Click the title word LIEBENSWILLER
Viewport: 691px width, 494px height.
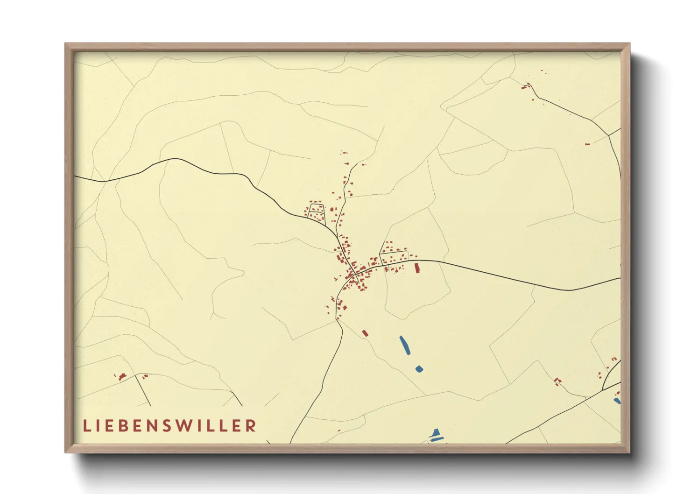[170, 425]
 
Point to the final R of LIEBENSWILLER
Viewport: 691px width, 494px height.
[251, 425]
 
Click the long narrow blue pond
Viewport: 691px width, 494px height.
[405, 345]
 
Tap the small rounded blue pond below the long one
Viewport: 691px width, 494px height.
[419, 369]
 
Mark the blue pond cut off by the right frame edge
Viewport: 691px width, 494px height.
[618, 401]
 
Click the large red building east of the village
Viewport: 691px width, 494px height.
[417, 268]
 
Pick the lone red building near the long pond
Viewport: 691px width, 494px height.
[365, 333]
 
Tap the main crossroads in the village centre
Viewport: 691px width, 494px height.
[356, 273]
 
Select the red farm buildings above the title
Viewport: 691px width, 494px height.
[122, 376]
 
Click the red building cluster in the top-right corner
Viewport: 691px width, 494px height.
[527, 86]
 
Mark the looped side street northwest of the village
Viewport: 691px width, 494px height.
[316, 212]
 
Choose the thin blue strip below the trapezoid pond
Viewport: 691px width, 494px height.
[436, 439]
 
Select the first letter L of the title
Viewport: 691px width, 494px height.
[86, 425]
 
